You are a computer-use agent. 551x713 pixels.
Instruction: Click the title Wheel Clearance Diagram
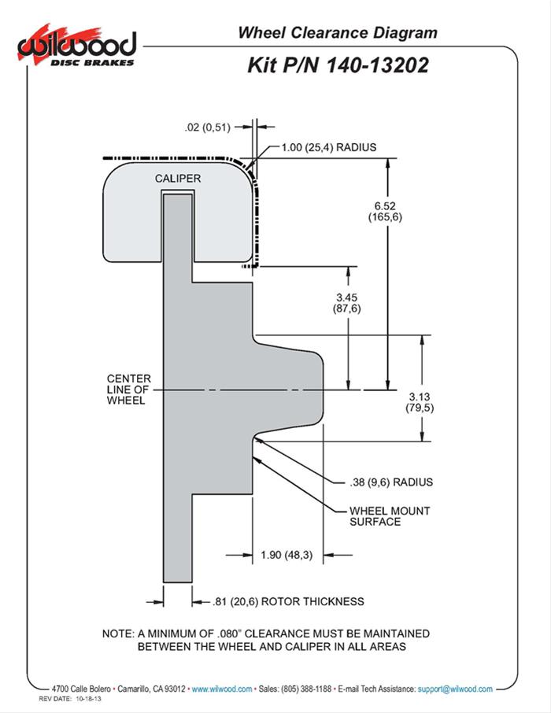pos(337,32)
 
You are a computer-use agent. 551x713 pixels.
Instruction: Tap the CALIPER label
pos(177,179)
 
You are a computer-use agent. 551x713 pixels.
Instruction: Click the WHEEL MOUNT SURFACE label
pos(389,516)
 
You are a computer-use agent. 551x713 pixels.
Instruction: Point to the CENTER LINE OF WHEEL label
pos(128,390)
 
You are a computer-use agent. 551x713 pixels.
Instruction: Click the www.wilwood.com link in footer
pos(222,689)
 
